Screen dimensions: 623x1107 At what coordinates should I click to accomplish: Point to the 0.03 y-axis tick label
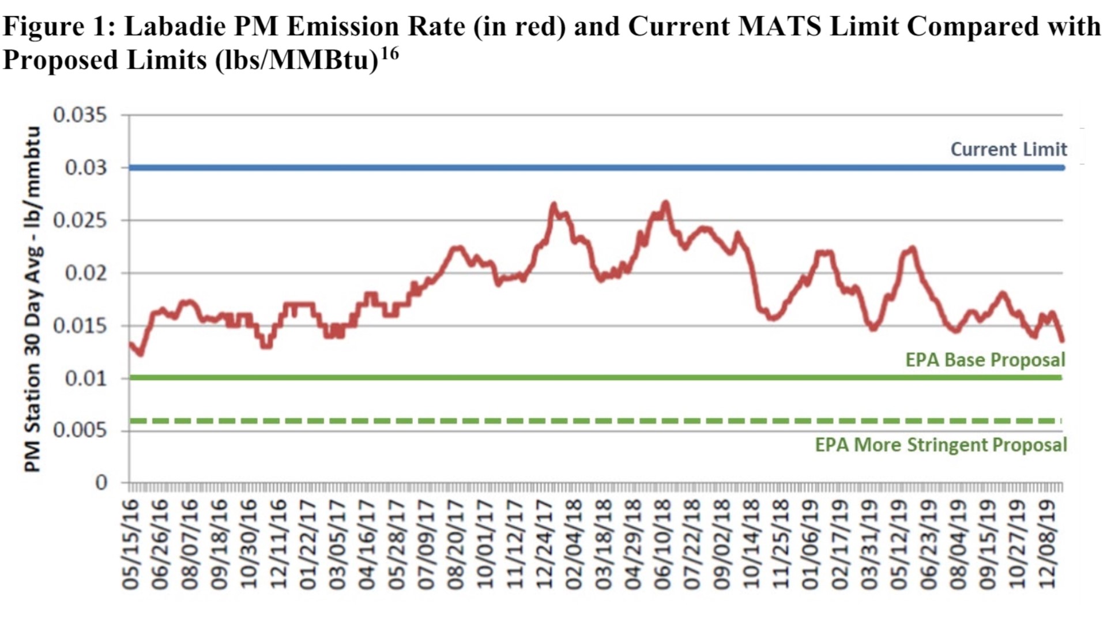[85, 167]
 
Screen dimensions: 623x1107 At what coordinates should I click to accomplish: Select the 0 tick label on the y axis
[101, 482]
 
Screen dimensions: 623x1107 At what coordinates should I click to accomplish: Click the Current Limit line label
[1008, 149]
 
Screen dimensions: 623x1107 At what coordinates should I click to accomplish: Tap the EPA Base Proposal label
[985, 360]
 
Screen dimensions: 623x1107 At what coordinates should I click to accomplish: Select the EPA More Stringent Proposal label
[940, 445]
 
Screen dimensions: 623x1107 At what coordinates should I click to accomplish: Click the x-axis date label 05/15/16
[131, 545]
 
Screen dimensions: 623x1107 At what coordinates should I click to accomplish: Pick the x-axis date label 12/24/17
[544, 545]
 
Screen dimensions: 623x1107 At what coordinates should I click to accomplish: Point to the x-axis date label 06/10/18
[662, 545]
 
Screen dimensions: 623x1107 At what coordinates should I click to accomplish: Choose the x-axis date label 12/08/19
[1046, 545]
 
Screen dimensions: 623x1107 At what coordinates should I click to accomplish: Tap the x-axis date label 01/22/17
[308, 545]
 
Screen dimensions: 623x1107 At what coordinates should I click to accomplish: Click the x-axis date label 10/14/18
[751, 545]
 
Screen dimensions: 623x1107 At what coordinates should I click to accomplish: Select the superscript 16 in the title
[389, 54]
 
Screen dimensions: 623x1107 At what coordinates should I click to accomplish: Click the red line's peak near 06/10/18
[665, 202]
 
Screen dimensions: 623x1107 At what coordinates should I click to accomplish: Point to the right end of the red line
[1062, 340]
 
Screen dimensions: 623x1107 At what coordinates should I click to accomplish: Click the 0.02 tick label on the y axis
[85, 273]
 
